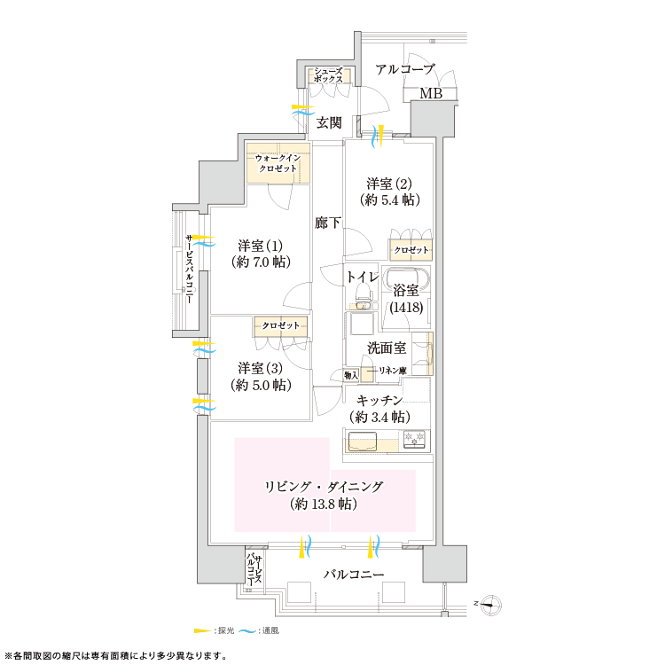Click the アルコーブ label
[405, 69]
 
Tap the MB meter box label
[431, 93]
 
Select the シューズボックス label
[328, 75]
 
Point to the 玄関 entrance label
[329, 123]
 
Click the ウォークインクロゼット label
[278, 163]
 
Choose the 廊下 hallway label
[328, 223]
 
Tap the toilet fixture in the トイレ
[362, 295]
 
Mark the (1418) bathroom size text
[406, 307]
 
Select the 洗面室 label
[387, 348]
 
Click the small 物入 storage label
[351, 375]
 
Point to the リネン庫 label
[392, 371]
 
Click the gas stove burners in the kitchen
[414, 439]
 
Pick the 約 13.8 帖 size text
[323, 505]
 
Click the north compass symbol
[491, 605]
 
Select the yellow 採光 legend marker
[202, 630]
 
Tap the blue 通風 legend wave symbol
[247, 631]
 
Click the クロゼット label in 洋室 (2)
[411, 250]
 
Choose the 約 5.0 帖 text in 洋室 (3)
[261, 385]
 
